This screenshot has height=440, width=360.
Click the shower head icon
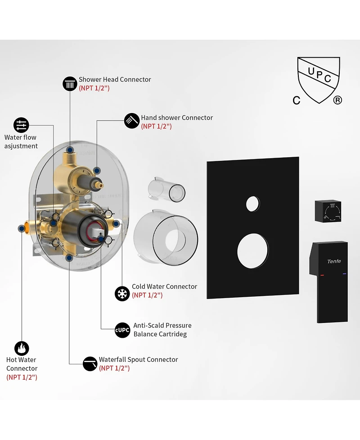point(70,84)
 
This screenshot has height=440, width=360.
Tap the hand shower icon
point(132,121)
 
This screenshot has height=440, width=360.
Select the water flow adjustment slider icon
point(21,125)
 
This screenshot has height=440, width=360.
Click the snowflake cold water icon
point(122,294)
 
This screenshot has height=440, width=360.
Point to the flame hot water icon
point(22,349)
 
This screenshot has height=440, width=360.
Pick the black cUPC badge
point(122,330)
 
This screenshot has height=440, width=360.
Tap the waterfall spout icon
point(90,364)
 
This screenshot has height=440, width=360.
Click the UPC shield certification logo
point(319,80)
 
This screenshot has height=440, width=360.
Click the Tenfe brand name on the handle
point(334,261)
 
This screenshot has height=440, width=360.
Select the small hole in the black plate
point(252,204)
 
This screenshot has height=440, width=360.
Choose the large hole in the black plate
point(252,250)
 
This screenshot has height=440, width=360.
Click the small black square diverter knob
point(328,211)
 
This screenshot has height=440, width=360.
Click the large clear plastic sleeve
point(166,238)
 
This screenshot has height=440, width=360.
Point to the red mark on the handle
point(322,275)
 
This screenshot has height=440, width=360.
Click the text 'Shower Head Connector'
point(115,79)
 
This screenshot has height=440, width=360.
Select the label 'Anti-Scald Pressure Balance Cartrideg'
point(162,330)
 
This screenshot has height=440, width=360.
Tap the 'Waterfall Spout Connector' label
point(139,359)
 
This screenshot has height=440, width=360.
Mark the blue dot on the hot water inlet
point(22,229)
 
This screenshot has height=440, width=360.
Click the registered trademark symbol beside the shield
point(337,100)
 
